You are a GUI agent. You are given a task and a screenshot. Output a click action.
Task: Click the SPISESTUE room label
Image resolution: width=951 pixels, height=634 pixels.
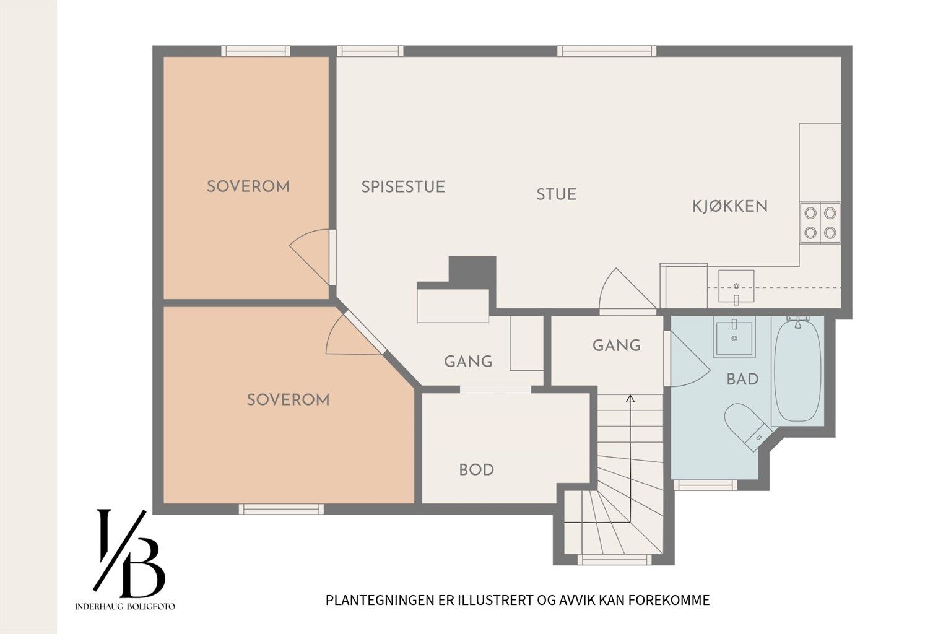pyautogui.click(x=403, y=187)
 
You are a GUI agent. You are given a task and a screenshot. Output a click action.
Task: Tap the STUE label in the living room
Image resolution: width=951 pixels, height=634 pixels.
pyautogui.click(x=556, y=194)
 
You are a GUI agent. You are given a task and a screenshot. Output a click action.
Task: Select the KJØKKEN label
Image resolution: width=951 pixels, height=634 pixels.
pyautogui.click(x=730, y=206)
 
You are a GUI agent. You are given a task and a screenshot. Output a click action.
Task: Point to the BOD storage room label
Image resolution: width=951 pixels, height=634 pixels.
pyautogui.click(x=476, y=470)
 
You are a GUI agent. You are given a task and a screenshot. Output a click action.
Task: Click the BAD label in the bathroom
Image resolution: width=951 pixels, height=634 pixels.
pyautogui.click(x=742, y=379)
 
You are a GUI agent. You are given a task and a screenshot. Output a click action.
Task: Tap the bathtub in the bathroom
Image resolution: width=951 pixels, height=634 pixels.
pyautogui.click(x=797, y=370)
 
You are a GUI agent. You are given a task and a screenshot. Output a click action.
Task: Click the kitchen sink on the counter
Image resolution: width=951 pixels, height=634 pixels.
pyautogui.click(x=736, y=287)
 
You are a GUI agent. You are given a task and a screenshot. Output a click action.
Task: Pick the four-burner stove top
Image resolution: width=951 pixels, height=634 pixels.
pyautogui.click(x=820, y=223)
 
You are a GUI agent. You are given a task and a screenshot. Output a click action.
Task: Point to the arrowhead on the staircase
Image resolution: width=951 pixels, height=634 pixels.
pyautogui.click(x=630, y=399)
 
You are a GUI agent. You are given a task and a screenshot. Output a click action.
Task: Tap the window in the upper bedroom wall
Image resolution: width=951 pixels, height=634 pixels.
pyautogui.click(x=256, y=51)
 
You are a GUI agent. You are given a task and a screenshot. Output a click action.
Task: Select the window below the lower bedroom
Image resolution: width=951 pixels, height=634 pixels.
pyautogui.click(x=281, y=509)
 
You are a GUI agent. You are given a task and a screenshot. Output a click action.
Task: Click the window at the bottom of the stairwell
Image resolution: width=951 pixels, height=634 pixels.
pyautogui.click(x=614, y=559)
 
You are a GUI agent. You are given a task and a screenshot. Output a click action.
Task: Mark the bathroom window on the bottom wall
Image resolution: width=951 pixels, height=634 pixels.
pyautogui.click(x=705, y=485)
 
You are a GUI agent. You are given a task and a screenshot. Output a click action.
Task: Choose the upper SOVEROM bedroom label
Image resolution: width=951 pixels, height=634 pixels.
pyautogui.click(x=248, y=187)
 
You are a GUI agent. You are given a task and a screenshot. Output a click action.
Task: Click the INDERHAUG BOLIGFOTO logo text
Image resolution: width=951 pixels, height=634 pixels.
pyautogui.click(x=125, y=606)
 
